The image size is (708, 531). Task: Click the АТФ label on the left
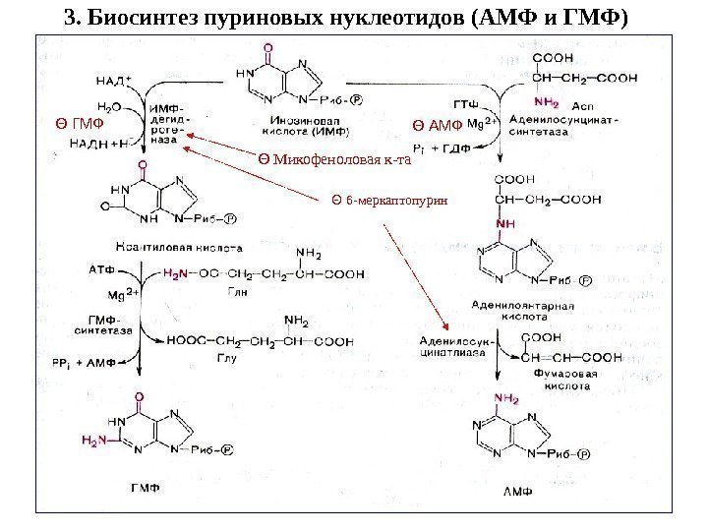click(x=101, y=267)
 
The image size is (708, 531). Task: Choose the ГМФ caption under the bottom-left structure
click(x=142, y=486)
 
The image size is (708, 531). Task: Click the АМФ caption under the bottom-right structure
click(x=517, y=490)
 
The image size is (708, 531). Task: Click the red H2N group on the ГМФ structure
click(x=95, y=441)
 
